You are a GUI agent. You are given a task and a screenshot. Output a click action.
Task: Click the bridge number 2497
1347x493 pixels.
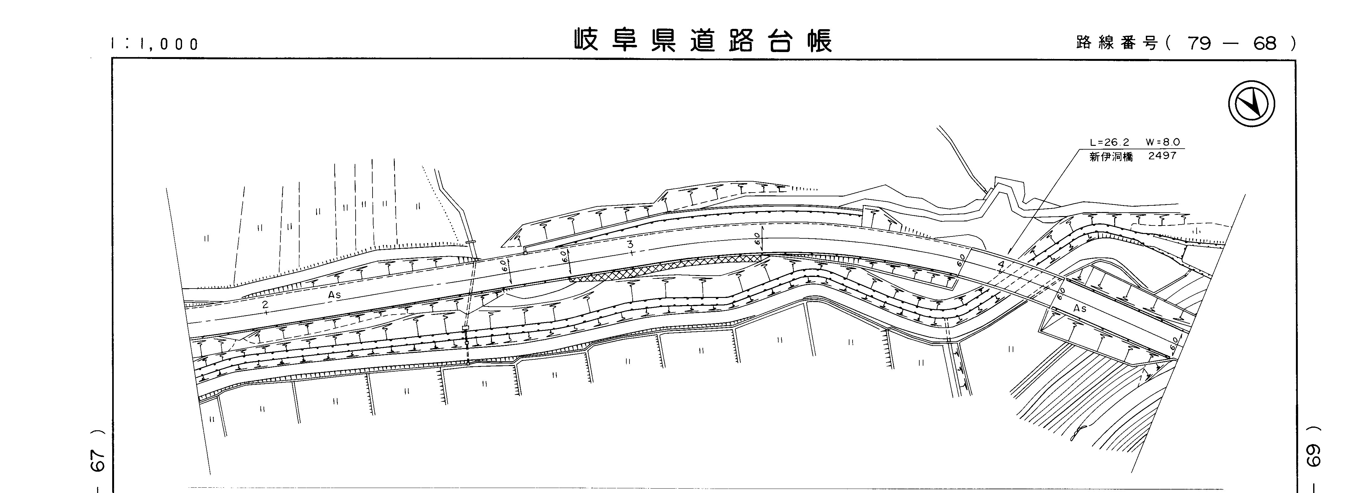point(1162,156)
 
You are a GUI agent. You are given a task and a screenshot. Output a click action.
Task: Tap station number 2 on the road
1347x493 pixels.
point(265,305)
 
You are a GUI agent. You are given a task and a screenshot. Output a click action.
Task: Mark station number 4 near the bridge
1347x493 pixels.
point(1001,265)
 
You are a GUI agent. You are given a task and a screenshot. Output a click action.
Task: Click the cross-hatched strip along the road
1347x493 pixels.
point(664,268)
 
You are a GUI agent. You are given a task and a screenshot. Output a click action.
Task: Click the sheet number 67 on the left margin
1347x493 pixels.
point(99,459)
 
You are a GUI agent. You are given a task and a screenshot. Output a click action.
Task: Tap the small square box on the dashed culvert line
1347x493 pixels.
point(465,328)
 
